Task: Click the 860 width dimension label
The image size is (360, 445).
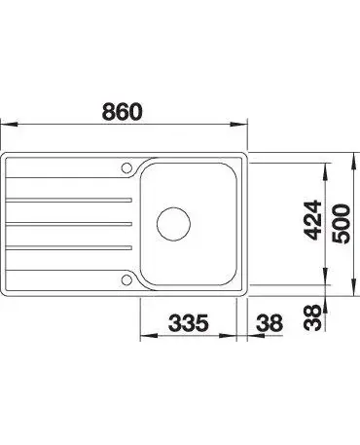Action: (123, 111)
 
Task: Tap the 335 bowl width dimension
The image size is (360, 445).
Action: (189, 323)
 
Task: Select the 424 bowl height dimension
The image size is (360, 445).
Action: (313, 220)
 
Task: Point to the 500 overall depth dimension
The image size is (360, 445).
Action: (342, 224)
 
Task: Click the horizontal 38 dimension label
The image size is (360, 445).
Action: (270, 323)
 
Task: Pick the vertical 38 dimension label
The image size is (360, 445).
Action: (313, 317)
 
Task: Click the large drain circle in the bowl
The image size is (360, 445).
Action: (173, 224)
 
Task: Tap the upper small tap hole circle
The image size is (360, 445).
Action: (126, 167)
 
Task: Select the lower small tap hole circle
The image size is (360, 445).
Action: (126, 279)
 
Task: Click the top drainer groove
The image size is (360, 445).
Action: (69, 200)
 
